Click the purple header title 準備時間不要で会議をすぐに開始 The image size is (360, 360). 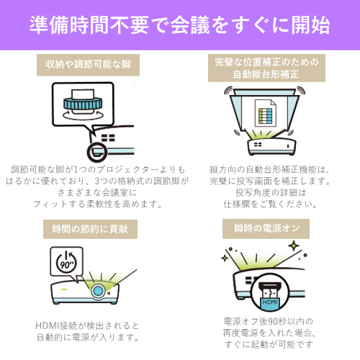pos(180,25)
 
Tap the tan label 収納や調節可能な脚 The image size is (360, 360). pos(88,65)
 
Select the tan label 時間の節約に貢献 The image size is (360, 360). pos(90,229)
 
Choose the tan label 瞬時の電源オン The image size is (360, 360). pos(266,229)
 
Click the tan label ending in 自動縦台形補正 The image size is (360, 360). pos(266,68)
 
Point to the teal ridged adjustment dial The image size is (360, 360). pos(83,103)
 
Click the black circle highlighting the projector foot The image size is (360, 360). pos(97,152)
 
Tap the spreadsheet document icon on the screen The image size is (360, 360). pos(266,113)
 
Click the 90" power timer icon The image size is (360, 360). pos(66,261)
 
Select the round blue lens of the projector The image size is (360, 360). pos(98,291)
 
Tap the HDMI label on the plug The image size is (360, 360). pos(270,302)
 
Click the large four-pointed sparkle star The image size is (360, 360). pos(294,246)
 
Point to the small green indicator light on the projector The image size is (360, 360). pos(64,289)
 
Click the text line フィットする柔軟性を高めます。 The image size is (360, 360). pos(97,204)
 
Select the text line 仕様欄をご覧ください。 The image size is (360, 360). pos(270,204)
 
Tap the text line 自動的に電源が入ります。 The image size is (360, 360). pos(88,338)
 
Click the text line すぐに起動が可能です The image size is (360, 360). pos(269,344)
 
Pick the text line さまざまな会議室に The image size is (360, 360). pos(97,192)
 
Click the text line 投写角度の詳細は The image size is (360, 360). pos(271,192)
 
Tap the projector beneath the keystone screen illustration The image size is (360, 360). pos(271,146)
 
